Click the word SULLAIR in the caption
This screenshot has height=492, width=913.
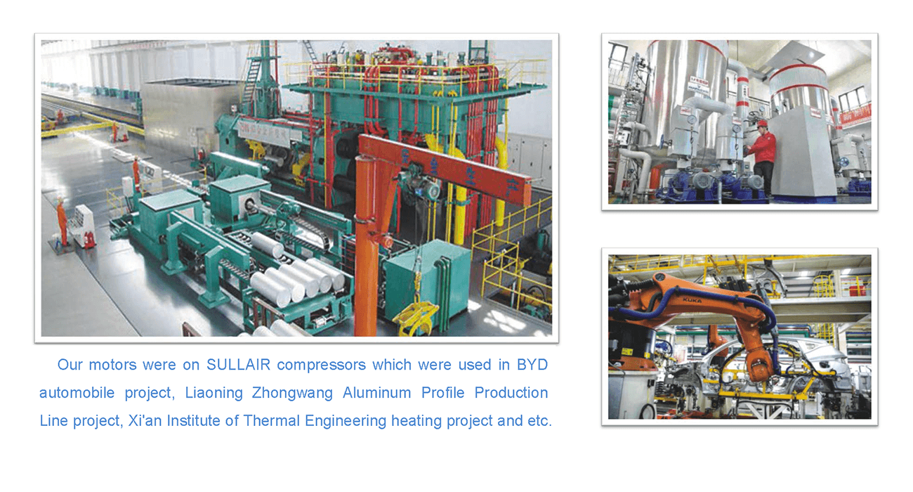click(x=239, y=365)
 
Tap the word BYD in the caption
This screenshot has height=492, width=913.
click(x=532, y=365)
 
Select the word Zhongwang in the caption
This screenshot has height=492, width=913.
click(x=292, y=393)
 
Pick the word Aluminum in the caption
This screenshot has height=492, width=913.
click(x=376, y=393)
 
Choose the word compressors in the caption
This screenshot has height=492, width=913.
click(x=321, y=365)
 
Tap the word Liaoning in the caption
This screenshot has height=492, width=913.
click(x=214, y=393)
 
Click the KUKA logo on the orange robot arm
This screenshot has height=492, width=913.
click(x=692, y=300)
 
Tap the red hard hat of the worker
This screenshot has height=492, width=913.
click(x=762, y=123)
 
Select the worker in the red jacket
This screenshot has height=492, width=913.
click(x=761, y=158)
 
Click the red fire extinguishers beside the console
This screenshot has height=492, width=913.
click(x=88, y=240)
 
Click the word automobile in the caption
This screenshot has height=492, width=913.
click(x=77, y=393)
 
